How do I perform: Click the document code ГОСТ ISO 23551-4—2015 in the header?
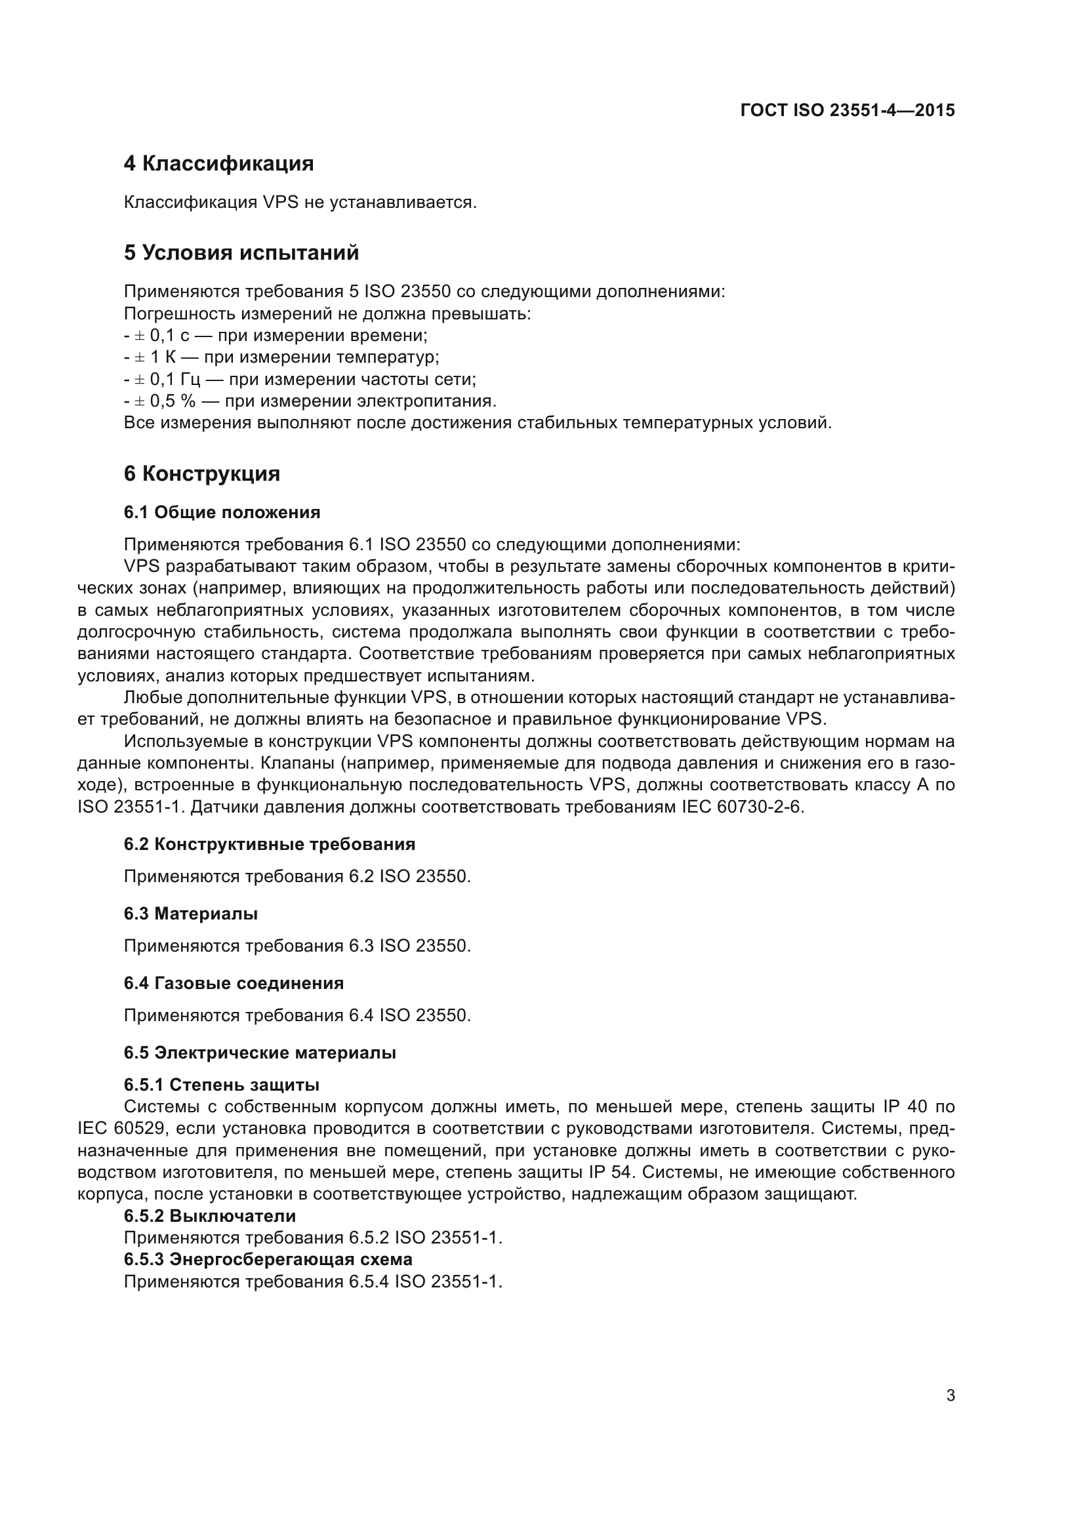point(847,110)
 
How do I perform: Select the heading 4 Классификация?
point(218,164)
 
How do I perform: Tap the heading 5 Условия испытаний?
point(241,253)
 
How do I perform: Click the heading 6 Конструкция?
point(202,474)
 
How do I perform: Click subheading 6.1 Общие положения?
point(222,512)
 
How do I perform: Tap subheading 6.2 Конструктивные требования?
point(269,844)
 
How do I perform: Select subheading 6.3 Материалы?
point(190,914)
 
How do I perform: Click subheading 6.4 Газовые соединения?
point(234,983)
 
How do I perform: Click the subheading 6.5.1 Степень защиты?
point(221,1084)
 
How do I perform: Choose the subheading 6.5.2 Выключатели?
point(209,1215)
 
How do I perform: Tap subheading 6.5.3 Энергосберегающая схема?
point(268,1259)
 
